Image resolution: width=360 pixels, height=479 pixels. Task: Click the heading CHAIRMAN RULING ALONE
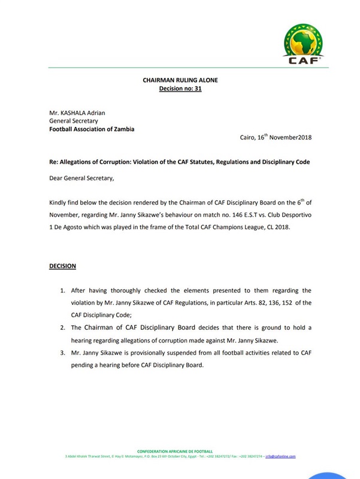click(180, 80)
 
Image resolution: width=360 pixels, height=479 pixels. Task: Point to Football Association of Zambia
click(92, 129)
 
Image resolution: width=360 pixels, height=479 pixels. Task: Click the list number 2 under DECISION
click(62, 328)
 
